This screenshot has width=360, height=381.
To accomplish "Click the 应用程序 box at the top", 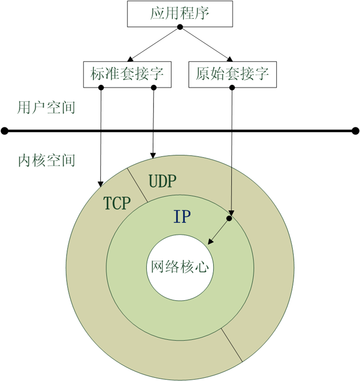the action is [180, 14].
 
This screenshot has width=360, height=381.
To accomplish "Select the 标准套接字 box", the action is [127, 74].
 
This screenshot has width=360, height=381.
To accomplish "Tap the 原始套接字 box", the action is [232, 74].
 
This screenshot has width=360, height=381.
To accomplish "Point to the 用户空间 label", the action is [46, 108].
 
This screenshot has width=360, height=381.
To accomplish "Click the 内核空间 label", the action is [46, 160].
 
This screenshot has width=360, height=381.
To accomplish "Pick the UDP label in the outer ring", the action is [162, 181].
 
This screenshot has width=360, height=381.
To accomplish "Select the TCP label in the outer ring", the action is [117, 203].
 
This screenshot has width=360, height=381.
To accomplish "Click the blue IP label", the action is [182, 217].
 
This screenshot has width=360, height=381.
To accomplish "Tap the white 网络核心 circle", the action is [180, 268].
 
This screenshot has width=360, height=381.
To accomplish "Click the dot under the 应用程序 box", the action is [180, 27].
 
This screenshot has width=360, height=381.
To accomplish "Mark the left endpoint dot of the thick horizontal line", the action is [5, 131].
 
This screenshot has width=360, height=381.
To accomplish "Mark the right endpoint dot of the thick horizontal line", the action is [356, 131].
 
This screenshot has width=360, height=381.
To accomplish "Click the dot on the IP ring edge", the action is [229, 218].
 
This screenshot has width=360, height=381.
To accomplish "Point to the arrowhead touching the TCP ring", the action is [100, 184].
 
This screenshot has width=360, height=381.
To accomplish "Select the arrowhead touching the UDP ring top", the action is [153, 156].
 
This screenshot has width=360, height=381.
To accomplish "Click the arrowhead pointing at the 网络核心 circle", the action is [210, 241].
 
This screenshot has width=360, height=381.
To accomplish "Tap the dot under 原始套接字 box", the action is [232, 87].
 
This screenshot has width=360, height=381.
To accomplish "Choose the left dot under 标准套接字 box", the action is [101, 87].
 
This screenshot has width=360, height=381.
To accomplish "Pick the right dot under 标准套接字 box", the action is [153, 87].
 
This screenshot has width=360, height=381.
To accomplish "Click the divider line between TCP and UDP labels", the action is [138, 185].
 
